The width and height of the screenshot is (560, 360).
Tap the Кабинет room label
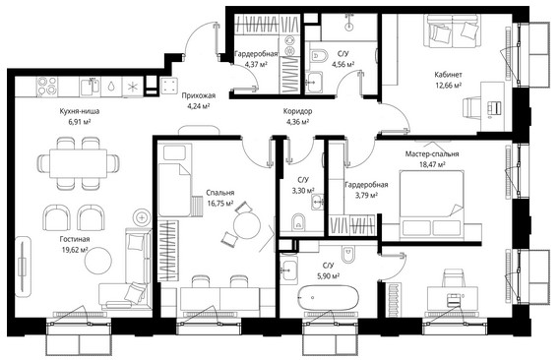[x=448, y=75]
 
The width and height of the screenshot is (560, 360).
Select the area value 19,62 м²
[x=75, y=250]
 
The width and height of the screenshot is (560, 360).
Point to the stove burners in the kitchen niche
[x=47, y=87]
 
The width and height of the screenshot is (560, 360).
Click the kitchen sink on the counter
[x=91, y=87]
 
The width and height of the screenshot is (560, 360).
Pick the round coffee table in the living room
[x=97, y=260]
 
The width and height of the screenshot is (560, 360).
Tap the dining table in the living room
[x=78, y=163]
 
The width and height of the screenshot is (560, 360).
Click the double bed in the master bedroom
[x=431, y=203]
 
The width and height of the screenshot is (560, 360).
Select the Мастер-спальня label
[x=432, y=154]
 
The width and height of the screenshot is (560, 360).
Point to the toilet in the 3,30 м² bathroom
[x=298, y=222]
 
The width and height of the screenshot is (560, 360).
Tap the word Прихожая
[x=198, y=95]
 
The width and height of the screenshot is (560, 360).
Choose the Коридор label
[x=297, y=111]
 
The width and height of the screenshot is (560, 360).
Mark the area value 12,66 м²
[x=448, y=85]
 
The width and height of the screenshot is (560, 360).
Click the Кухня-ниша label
[x=80, y=111]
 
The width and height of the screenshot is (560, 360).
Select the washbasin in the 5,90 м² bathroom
[x=288, y=270]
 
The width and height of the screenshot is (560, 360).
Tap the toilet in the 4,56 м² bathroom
[x=319, y=56]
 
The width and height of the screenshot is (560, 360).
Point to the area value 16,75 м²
[x=220, y=204]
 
